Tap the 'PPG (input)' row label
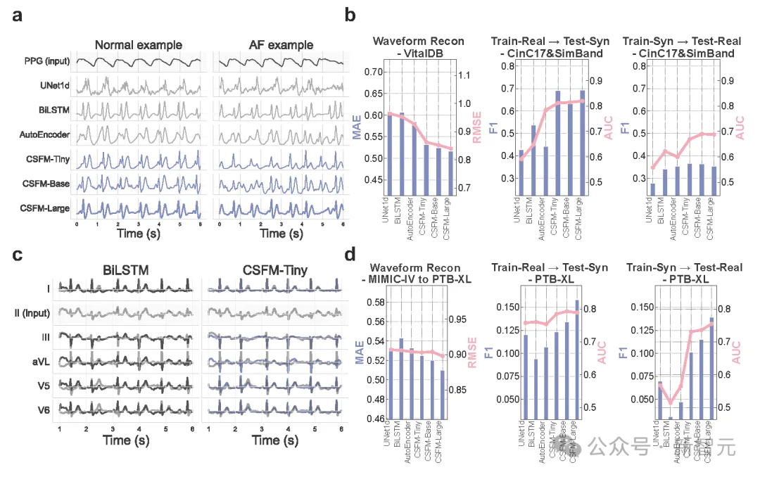(x=44, y=63)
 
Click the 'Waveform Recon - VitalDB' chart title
(x=418, y=46)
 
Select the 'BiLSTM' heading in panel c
(x=129, y=268)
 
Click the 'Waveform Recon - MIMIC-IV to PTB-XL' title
(x=418, y=273)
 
